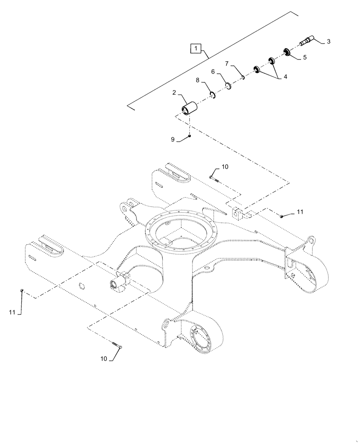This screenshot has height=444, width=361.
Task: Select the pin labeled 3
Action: point(306,42)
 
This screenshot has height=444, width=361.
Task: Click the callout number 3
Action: point(328,41)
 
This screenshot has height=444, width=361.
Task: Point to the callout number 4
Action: point(285,77)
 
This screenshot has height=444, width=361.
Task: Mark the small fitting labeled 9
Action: point(190,136)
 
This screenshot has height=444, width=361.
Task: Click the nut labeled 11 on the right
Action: point(282,216)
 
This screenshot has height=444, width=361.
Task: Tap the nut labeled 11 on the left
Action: point(21,291)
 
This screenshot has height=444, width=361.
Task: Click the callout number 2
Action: point(174,93)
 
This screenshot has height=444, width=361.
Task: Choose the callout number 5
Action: point(305,57)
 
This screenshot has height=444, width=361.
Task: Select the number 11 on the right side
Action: point(300,212)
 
